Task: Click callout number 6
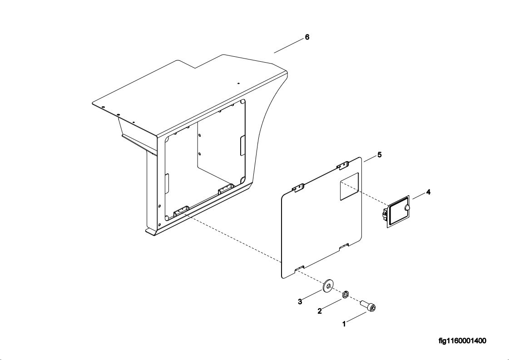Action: pos(307,37)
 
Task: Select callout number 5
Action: pos(379,155)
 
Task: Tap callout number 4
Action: pos(428,192)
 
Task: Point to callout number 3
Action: pos(300,301)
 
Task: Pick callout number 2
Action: pos(319,311)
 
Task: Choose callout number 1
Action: pos(344,324)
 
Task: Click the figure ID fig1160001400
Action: pos(462,341)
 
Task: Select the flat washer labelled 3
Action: pos(329,286)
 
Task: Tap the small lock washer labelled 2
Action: pos(346,295)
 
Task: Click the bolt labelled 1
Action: pos(368,306)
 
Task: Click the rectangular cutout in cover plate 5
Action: pos(349,186)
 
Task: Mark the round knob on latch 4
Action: pos(407,207)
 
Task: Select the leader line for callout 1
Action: pos(357,317)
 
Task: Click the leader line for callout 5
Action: pos(370,159)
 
